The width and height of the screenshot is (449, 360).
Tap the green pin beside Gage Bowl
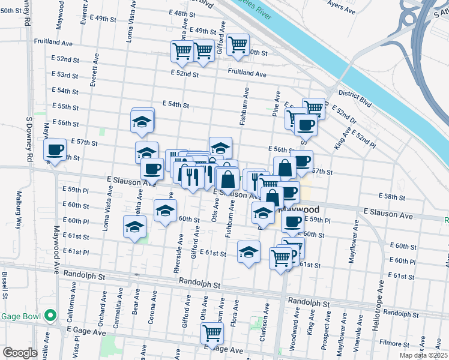51,315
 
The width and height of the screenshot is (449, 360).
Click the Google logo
20,353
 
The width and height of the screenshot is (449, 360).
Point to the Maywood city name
317,210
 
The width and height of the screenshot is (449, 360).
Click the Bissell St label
5,285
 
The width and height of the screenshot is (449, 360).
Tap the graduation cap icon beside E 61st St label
249,253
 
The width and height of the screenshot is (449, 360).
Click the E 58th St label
395,197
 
